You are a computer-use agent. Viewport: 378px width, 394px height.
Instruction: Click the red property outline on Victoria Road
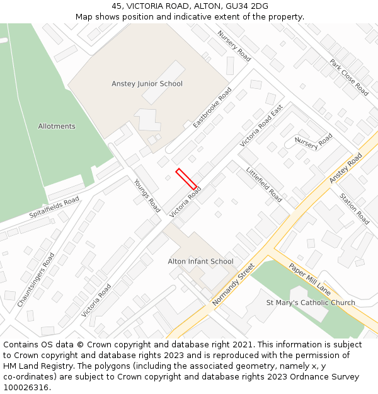point(186,178)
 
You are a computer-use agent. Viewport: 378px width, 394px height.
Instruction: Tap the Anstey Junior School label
point(147,84)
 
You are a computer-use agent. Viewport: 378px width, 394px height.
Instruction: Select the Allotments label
point(57,126)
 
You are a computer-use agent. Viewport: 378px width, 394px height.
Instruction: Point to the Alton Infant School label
point(200,261)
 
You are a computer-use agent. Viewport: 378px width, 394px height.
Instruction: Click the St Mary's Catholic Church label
point(311,303)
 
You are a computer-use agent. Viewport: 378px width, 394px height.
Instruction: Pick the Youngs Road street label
point(147,195)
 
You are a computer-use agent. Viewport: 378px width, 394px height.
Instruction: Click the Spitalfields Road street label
point(54,207)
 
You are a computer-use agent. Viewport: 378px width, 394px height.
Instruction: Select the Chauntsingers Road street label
point(36,280)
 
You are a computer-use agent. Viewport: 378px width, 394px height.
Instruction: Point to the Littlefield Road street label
point(264,183)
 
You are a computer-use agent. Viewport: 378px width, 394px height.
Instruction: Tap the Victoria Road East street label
point(261,126)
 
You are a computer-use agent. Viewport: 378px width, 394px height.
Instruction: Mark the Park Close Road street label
point(349,77)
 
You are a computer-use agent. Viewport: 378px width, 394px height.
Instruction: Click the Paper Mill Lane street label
point(309,279)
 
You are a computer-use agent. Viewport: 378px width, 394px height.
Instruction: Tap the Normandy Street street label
point(232,284)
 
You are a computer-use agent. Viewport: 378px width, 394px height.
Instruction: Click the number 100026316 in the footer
point(26,387)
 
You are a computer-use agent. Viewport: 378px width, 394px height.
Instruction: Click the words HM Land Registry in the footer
point(35,366)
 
